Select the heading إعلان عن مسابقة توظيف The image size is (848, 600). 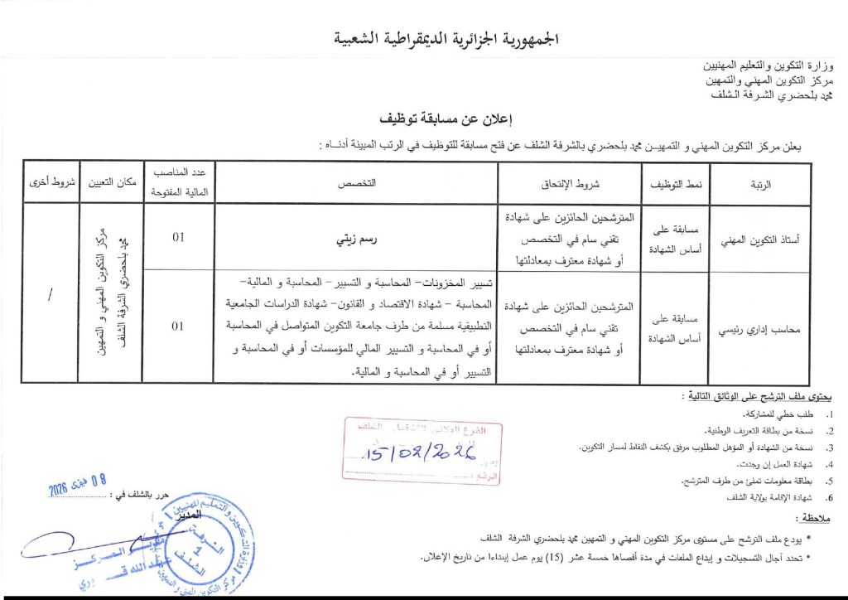tap(437, 119)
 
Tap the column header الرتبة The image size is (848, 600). tap(759, 184)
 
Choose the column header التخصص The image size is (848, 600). tap(356, 184)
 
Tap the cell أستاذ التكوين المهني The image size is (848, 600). tap(759, 240)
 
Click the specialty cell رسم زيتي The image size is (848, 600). tap(356, 239)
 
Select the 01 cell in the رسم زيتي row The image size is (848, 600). tap(178, 239)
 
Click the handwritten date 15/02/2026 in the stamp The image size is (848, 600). tap(417, 453)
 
